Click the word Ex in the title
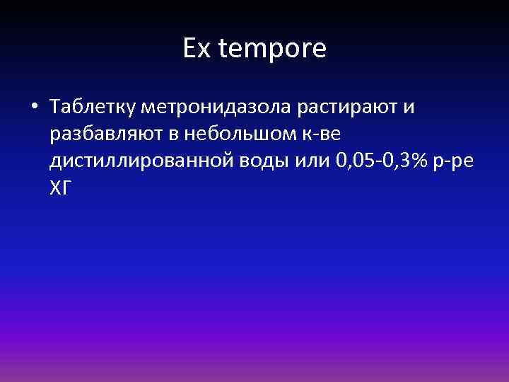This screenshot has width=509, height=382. [x=195, y=49]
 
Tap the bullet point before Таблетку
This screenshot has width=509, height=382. [x=35, y=108]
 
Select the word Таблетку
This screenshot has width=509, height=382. [x=93, y=108]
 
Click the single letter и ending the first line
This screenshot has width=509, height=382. [x=409, y=108]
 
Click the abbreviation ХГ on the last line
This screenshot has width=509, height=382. [x=61, y=187]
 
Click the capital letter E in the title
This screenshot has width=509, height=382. [x=189, y=49]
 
